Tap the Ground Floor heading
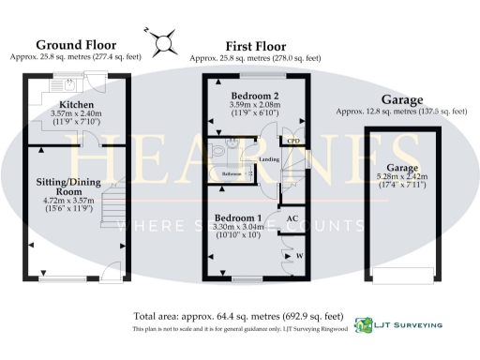point(77,45)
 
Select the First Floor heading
point(256,45)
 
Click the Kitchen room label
point(76,104)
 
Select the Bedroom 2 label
point(255,96)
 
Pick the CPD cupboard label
point(293,142)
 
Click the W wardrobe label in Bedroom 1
point(298,254)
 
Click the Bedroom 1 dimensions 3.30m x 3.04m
point(240,227)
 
